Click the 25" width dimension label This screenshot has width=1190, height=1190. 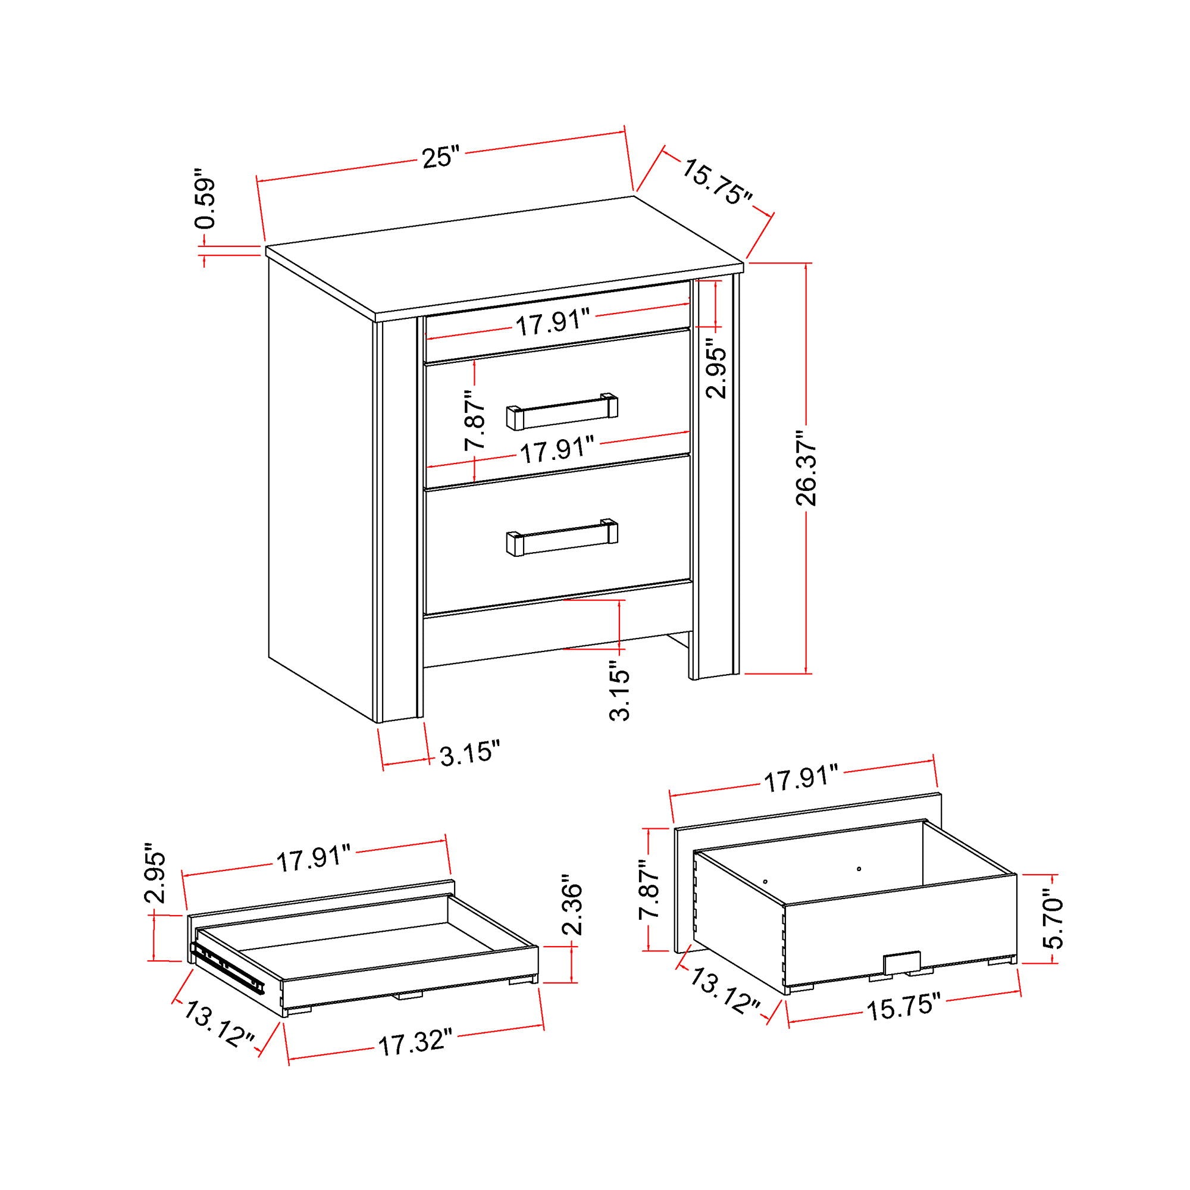(x=441, y=158)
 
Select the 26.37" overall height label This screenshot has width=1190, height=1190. (x=806, y=468)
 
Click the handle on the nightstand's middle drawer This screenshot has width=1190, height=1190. (x=562, y=412)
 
